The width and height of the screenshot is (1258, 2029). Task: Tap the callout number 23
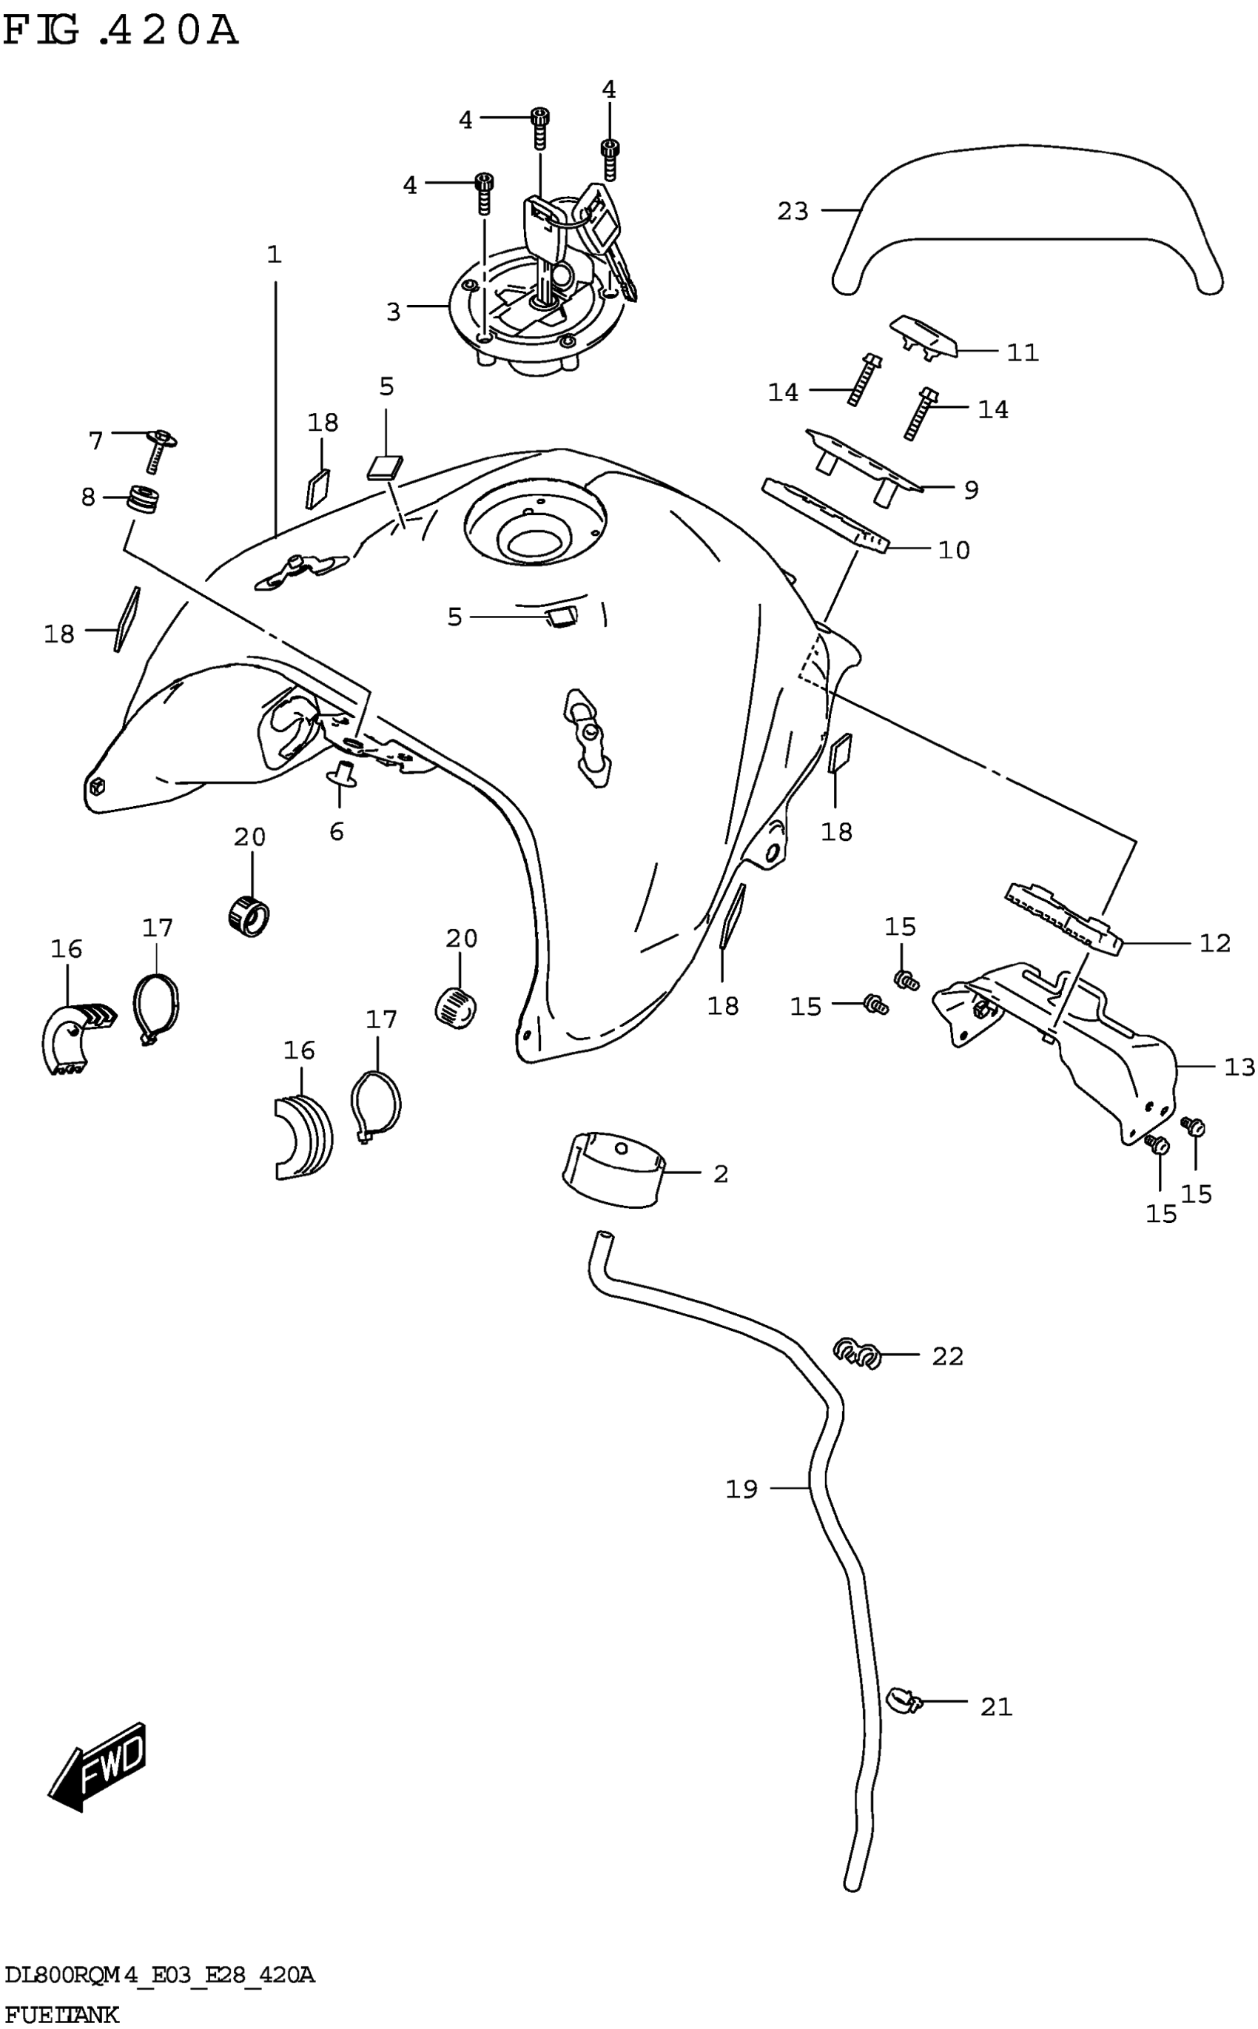[x=792, y=212]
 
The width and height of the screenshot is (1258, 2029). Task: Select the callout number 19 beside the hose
[x=741, y=1489]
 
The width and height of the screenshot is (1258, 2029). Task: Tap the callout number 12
[x=1215, y=943]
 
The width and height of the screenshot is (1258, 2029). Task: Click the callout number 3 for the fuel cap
[x=394, y=312]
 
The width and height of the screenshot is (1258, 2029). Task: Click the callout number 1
[x=274, y=254]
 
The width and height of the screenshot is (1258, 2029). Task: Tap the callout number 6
[x=336, y=831]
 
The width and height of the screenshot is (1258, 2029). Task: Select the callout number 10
[x=953, y=550]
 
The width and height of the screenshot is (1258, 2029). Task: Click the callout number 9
[x=970, y=489]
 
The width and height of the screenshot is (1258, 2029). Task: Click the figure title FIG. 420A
[x=121, y=31]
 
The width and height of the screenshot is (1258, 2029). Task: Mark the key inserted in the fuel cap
[x=544, y=241]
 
